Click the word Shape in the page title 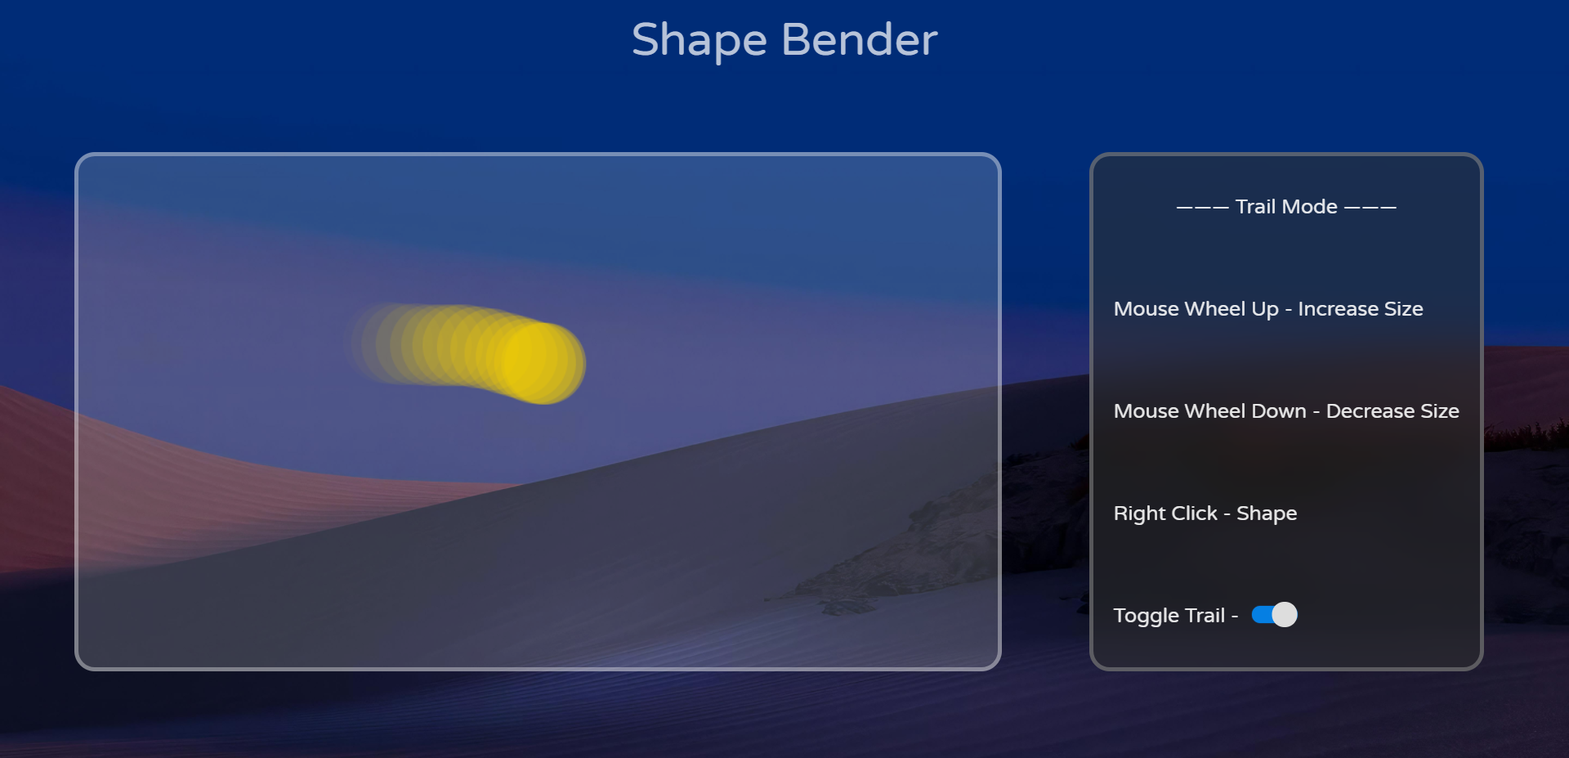699,41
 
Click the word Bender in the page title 859,39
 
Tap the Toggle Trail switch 1274,614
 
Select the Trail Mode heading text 1286,207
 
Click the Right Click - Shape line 1205,514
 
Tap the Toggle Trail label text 1169,616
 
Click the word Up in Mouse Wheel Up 1265,310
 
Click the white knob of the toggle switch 1285,614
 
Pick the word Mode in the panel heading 1311,207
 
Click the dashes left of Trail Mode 1202,208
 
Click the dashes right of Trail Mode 1370,208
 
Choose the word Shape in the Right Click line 1267,514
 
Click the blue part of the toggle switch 1261,614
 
